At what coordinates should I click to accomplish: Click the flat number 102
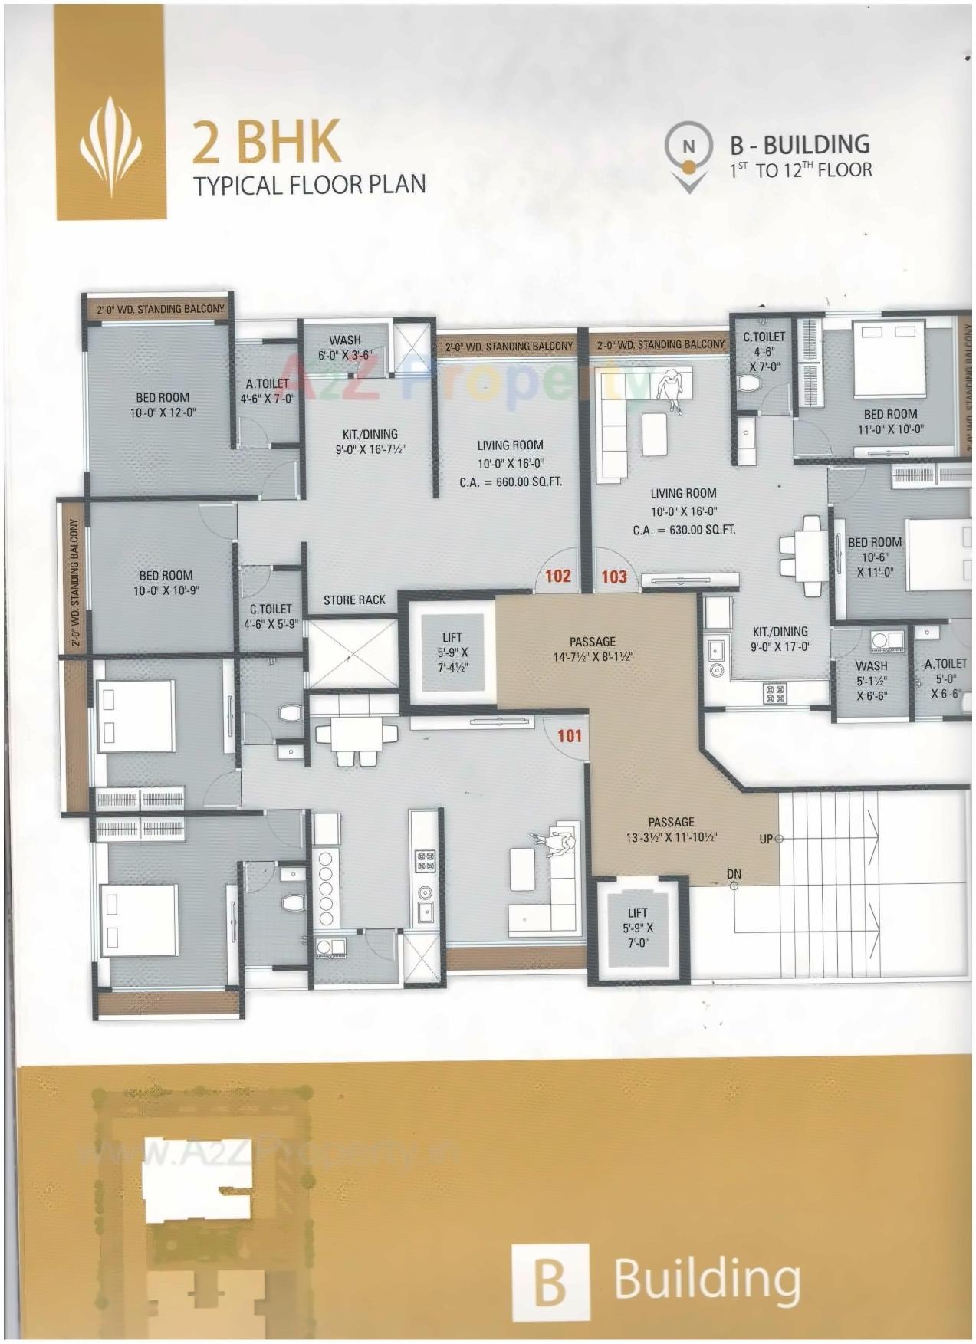[558, 576]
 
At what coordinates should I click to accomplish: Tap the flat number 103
[614, 577]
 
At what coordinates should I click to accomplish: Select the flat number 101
[570, 736]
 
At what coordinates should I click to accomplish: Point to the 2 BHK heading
[266, 142]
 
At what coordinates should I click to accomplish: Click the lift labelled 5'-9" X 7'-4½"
[452, 652]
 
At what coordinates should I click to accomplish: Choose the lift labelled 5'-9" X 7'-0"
[637, 928]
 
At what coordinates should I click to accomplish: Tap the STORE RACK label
[354, 600]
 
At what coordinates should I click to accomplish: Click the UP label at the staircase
[766, 839]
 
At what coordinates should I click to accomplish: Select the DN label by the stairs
[734, 874]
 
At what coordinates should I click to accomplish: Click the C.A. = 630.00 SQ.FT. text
[684, 529]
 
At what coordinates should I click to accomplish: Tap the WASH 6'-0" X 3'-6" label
[345, 347]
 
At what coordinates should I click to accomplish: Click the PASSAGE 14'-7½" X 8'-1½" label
[593, 649]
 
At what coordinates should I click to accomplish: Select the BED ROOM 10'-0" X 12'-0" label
[163, 405]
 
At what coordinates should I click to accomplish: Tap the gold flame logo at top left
[110, 146]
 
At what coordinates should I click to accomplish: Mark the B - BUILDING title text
[800, 145]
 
